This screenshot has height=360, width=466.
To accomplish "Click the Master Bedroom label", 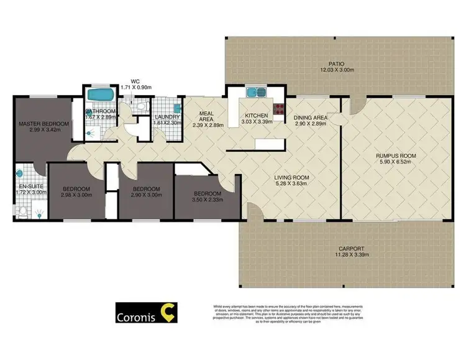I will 43,123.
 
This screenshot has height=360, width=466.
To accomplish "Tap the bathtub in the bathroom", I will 99,96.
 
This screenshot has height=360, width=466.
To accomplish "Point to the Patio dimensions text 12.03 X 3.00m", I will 336,70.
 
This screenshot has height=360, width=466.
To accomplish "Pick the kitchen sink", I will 254,94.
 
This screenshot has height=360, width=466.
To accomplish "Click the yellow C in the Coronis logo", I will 167,314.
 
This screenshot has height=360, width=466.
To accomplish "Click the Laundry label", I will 168,117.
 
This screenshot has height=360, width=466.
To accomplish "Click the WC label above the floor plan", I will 135,81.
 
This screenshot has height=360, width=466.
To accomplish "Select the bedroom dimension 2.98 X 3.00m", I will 76,195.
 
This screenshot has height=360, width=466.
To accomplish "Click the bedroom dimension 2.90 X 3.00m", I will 147,195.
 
